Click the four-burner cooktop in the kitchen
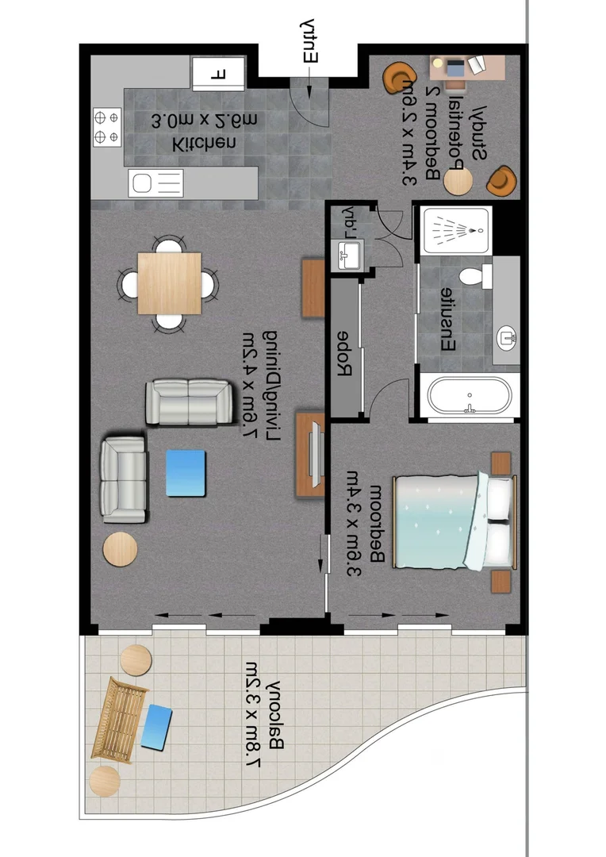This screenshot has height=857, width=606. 107,128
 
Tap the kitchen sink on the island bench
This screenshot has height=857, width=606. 155,183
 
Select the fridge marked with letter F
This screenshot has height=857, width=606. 219,73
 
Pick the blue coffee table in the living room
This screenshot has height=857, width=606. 186,473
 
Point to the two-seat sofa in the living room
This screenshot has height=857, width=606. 190,402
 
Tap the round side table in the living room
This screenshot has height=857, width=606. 121,548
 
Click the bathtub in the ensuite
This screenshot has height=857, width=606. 470,394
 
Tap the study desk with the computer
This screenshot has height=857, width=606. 466,67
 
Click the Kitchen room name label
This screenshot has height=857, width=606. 204,144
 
